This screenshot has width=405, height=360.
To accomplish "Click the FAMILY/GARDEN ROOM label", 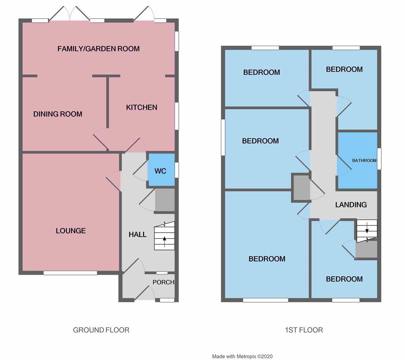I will point(98,49).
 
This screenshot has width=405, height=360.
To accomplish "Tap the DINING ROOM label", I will point(58,114).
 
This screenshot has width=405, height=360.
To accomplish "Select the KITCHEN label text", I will point(141,107).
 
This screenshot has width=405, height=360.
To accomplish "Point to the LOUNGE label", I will point(71,231).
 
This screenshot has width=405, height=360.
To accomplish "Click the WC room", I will point(160,171).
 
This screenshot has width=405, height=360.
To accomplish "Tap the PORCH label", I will point(163,282).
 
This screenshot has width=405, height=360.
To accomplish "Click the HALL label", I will point(137,234).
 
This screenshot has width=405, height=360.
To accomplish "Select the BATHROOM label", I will point(364,160).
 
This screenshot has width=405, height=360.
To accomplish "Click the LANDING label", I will point(351,205).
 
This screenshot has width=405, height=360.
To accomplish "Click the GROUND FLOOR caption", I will point(101,330).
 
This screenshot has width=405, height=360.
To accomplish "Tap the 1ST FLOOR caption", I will point(304,330).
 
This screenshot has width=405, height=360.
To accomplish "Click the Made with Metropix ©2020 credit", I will point(242,356).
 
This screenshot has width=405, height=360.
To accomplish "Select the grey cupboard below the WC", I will point(165,200).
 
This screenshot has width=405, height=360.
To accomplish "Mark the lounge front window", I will point(70,273).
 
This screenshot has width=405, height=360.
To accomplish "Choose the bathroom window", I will point(379,159).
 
